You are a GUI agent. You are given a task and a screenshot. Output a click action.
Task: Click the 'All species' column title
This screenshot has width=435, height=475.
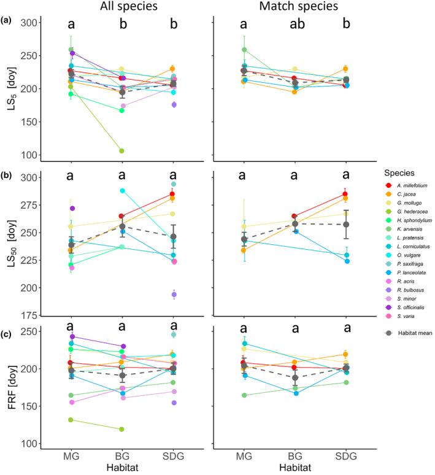tap(121, 7)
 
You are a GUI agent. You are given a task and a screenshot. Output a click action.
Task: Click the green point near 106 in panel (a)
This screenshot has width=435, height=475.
tap(121, 151)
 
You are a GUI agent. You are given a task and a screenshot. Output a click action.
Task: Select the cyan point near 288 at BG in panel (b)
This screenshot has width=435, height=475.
tap(121, 191)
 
